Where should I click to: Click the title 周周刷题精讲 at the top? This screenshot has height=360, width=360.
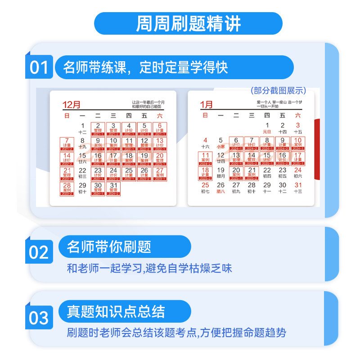[188, 24]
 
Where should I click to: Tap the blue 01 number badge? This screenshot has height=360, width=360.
[39, 67]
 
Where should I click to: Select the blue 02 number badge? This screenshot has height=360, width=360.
[39, 252]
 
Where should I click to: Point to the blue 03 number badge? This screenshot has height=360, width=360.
[39, 318]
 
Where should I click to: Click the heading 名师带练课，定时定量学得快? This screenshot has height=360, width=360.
[145, 67]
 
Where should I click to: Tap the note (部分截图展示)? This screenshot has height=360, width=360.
[278, 90]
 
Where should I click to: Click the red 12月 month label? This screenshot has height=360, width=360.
[72, 105]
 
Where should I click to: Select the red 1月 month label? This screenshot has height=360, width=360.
[207, 105]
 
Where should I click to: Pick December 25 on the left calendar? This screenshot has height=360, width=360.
[129, 174]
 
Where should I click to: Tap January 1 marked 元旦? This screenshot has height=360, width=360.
[267, 128]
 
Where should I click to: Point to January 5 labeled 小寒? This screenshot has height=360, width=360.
[220, 143]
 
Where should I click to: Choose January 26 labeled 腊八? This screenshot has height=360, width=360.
[220, 188]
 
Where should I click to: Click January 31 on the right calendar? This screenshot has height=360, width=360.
[297, 188]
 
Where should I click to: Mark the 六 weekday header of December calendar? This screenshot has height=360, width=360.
[160, 116]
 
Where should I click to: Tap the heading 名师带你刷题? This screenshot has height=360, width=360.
[109, 247]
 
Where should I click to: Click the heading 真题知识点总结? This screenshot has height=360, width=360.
[116, 311]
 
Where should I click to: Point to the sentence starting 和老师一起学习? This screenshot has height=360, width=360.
[149, 269]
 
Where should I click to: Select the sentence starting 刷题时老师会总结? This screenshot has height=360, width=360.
[176, 333]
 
